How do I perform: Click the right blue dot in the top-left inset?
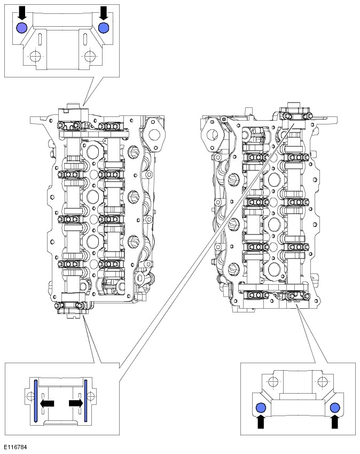(104, 28)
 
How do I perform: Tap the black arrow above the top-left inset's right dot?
(104, 12)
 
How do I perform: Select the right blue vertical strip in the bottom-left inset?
(85, 400)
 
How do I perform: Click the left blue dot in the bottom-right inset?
(261, 409)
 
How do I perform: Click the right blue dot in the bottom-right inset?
(335, 409)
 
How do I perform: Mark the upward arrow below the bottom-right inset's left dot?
(261, 422)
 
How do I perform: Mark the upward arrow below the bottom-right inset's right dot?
(335, 422)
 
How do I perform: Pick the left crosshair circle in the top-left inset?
(35, 56)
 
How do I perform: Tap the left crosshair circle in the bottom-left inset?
(29, 396)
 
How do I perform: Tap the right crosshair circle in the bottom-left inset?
(91, 396)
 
